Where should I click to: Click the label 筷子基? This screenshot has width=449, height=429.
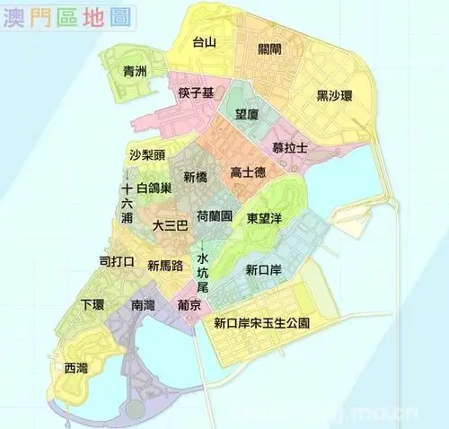(x=196, y=94)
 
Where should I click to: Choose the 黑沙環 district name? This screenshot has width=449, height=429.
(x=333, y=95)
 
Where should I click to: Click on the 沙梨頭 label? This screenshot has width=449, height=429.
(x=146, y=154)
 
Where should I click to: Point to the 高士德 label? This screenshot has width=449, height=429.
(x=247, y=172)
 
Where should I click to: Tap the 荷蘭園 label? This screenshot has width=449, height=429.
(x=215, y=217)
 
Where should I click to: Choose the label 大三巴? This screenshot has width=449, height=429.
(x=170, y=226)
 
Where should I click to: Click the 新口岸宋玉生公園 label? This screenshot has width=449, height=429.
(x=261, y=322)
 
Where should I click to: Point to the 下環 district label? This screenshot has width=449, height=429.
(x=93, y=303)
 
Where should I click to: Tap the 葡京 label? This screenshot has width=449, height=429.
(x=189, y=305)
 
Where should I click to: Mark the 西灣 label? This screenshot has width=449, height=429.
(x=76, y=368)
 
